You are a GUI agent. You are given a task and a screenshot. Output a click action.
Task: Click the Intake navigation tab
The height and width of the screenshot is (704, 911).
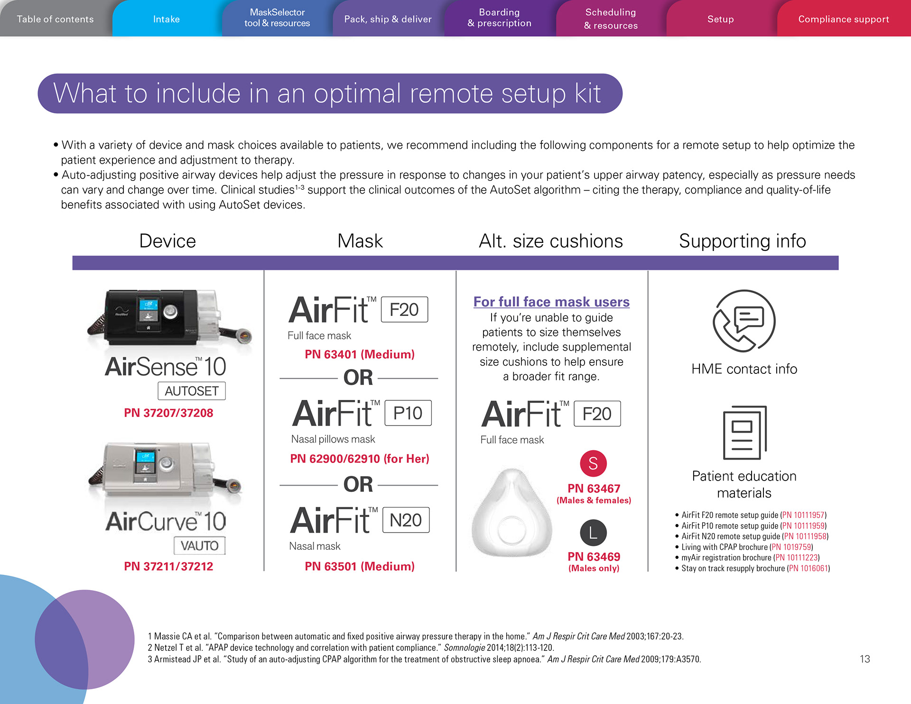pyautogui.click(x=167, y=19)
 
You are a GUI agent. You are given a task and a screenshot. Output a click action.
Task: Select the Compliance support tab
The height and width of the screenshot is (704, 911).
pyautogui.click(x=843, y=19)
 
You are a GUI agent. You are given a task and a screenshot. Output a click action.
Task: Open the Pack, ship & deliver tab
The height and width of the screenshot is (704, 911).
pyautogui.click(x=388, y=19)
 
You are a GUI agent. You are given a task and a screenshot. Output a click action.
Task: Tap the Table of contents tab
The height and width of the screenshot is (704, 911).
pyautogui.click(x=55, y=19)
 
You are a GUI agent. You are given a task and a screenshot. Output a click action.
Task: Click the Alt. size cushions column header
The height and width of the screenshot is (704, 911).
pyautogui.click(x=550, y=241)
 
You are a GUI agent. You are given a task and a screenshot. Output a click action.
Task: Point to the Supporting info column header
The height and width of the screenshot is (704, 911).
pyautogui.click(x=742, y=241)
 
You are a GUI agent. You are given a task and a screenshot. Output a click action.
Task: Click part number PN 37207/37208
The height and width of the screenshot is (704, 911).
pyautogui.click(x=168, y=413)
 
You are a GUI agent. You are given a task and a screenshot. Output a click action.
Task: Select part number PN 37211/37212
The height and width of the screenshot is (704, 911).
pyautogui.click(x=168, y=566)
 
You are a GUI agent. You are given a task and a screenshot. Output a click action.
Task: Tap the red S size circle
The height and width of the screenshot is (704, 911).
pyautogui.click(x=593, y=463)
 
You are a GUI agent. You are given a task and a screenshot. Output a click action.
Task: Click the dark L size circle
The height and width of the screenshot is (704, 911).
pyautogui.click(x=593, y=533)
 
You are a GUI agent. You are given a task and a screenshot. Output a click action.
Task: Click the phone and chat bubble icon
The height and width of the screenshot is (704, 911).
pyautogui.click(x=744, y=321)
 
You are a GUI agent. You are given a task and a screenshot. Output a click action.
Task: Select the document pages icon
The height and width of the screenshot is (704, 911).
pyautogui.click(x=744, y=432)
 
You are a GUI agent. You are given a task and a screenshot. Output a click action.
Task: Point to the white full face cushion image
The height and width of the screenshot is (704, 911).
pyautogui.click(x=512, y=513)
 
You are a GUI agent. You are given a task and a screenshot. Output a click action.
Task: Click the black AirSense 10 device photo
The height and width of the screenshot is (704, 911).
pyautogui.click(x=168, y=318)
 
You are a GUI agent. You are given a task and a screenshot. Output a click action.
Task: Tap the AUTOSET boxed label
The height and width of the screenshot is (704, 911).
pyautogui.click(x=192, y=391)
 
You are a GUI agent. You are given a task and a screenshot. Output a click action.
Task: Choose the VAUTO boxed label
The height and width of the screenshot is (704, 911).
pyautogui.click(x=199, y=546)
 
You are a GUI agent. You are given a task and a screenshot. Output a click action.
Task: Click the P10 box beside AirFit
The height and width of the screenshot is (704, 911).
pyautogui.click(x=408, y=413)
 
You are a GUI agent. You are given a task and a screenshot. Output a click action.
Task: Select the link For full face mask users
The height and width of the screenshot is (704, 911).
pyautogui.click(x=551, y=302)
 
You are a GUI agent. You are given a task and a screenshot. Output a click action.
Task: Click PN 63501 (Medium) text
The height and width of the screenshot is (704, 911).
pyautogui.click(x=360, y=566)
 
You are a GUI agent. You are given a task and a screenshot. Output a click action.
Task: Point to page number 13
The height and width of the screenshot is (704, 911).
pyautogui.click(x=865, y=659)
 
